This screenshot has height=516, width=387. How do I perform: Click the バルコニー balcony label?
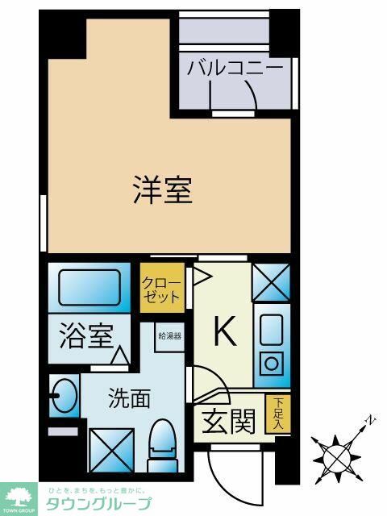tap(235, 67)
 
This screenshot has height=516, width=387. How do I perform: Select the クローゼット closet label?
tap(161, 289)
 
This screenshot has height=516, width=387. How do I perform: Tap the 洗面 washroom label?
tap(129, 398)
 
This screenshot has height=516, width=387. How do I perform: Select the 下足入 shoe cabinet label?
tap(278, 414)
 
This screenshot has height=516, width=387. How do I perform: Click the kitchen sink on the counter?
tap(270, 330)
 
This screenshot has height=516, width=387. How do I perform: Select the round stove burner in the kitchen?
tap(271, 363)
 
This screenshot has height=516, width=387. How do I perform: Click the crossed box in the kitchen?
tap(270, 283)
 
